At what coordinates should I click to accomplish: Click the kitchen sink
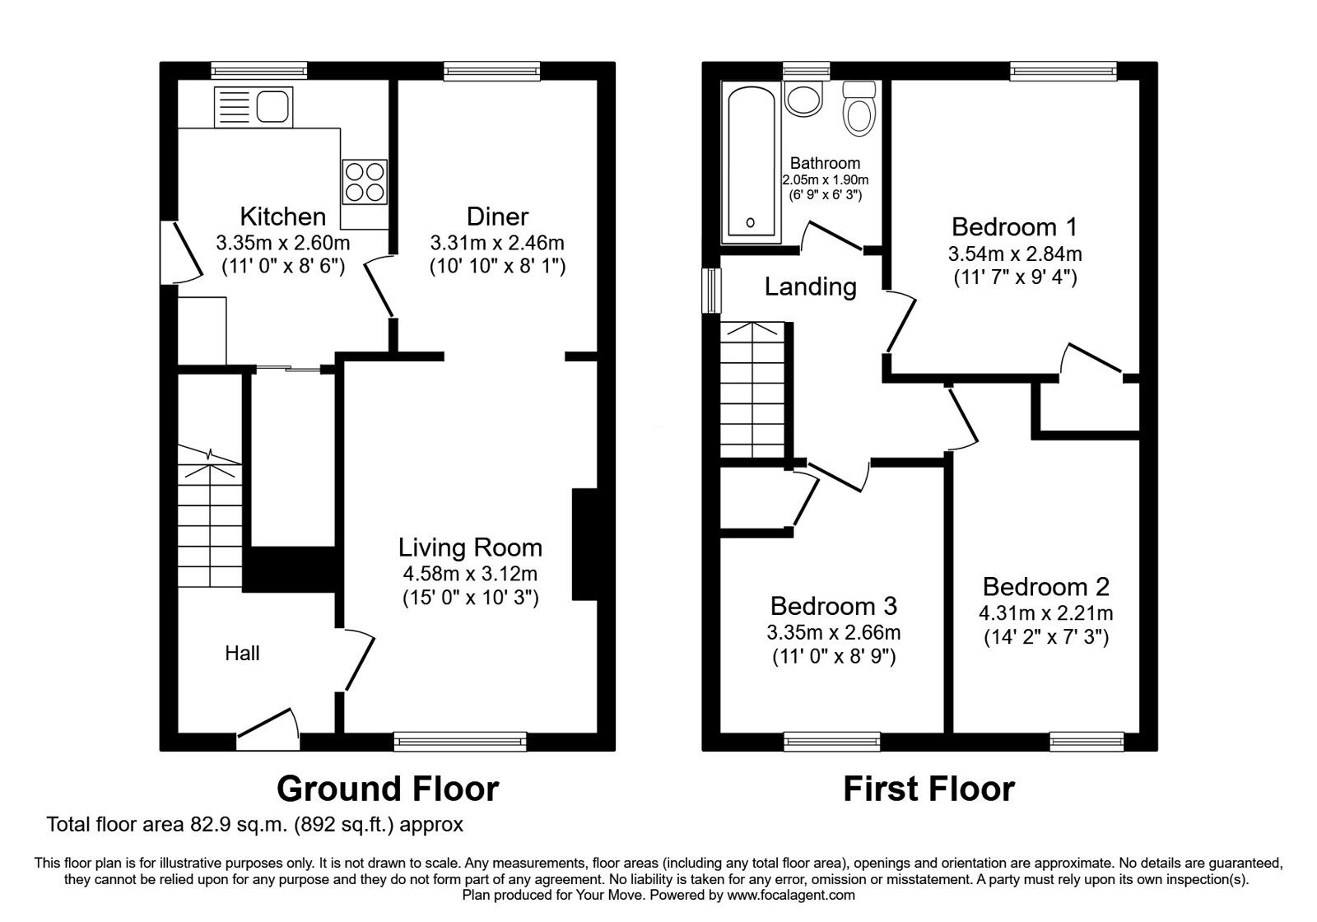(254, 107)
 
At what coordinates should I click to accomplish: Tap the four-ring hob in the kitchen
(365, 182)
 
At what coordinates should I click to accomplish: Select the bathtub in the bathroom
(751, 163)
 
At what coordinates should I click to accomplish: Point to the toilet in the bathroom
(859, 109)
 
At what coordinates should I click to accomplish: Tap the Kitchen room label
(283, 217)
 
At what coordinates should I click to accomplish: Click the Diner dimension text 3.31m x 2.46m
(497, 243)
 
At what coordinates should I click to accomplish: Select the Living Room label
(470, 548)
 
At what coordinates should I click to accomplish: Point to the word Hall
(242, 654)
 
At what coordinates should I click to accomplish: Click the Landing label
(810, 287)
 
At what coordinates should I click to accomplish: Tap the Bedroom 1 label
(1015, 227)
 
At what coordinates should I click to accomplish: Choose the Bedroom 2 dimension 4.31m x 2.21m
(1046, 614)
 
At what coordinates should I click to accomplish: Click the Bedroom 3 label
(834, 606)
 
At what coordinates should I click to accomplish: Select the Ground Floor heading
(388, 789)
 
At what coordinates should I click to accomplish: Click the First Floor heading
(929, 789)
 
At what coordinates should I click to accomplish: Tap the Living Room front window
(460, 742)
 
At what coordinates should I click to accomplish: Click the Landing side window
(712, 291)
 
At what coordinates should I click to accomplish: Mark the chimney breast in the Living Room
(584, 544)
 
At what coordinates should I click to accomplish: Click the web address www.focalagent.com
(791, 896)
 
